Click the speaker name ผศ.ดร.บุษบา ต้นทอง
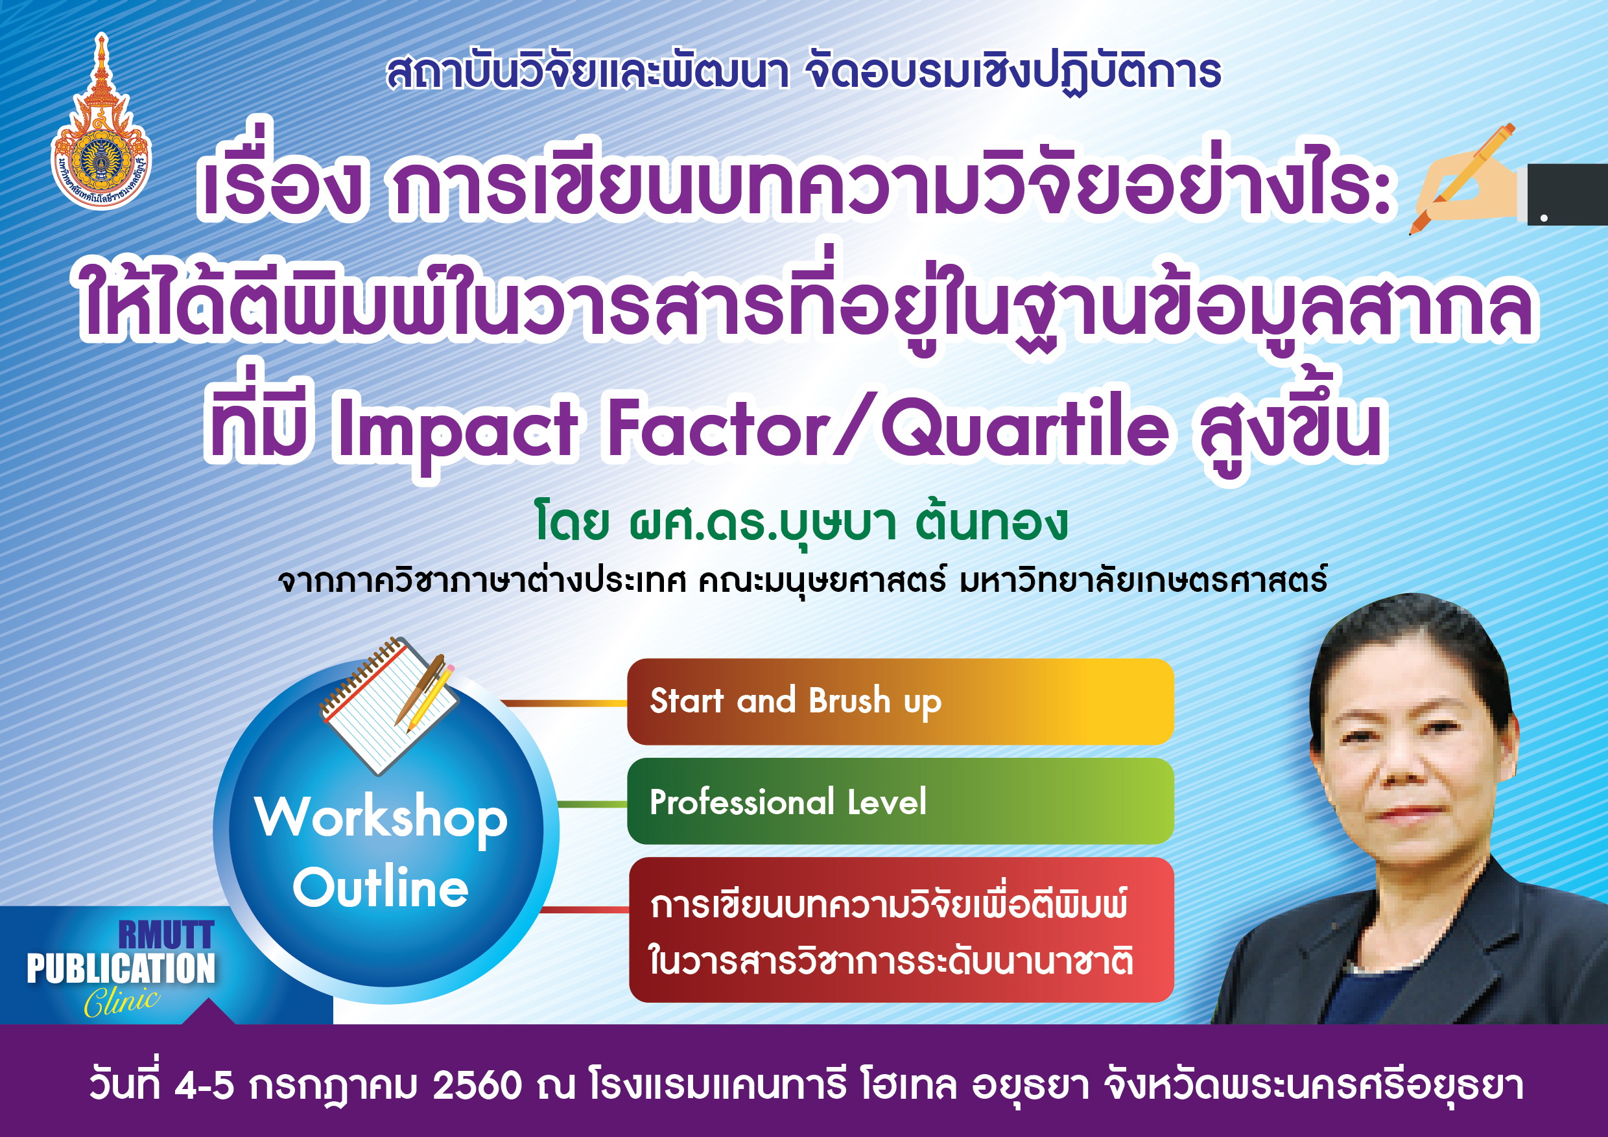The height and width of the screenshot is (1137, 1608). click(x=848, y=522)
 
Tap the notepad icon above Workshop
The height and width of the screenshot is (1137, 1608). click(x=388, y=703)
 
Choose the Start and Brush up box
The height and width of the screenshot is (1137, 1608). click(x=900, y=701)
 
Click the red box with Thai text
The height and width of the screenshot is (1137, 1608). click(x=901, y=930)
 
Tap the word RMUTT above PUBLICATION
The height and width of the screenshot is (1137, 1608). click(x=166, y=935)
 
